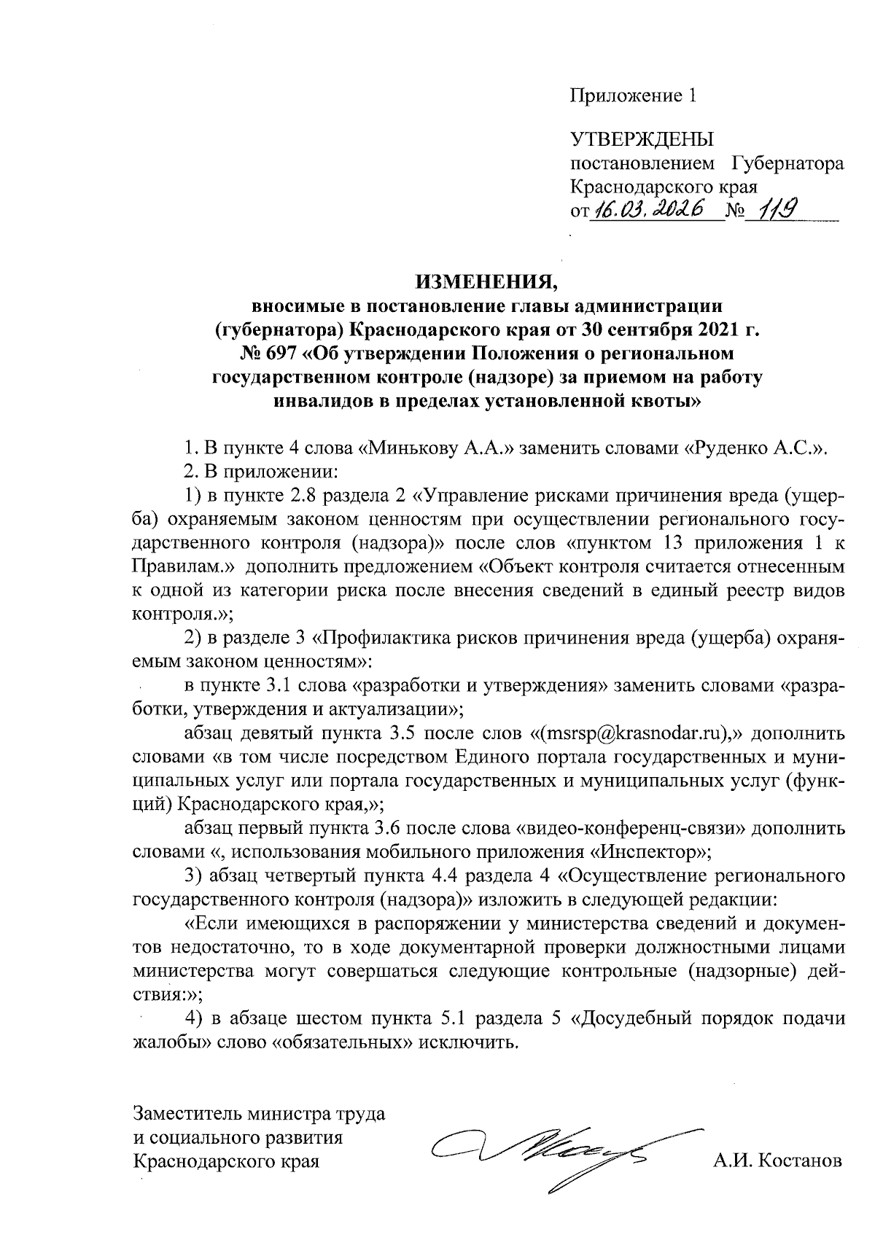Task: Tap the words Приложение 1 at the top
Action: [634, 95]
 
